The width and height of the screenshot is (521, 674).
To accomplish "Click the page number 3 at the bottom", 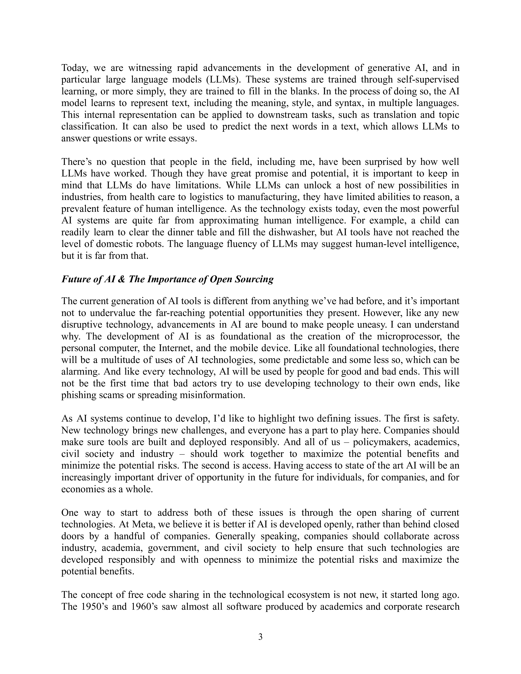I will (x=260, y=637).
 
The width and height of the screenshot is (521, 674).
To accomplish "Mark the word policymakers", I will (x=381, y=442).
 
